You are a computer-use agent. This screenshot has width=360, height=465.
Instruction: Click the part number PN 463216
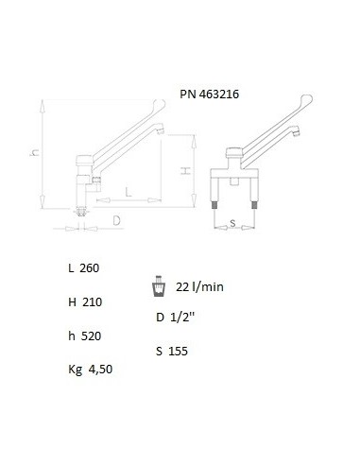pos(210,95)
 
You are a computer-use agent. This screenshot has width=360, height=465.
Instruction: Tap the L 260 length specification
pos(84,268)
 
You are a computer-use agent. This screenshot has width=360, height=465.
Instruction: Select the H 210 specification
pos(85,302)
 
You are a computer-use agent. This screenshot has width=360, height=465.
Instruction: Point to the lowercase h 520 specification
pos(85,336)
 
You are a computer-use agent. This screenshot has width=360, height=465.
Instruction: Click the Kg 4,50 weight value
pos(91,370)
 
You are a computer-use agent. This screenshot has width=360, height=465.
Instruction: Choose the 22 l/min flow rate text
pos(199,287)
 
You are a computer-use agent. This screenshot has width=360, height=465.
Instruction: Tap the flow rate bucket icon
pos(159,286)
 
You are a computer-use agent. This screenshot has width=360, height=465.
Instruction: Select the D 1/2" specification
pos(176,317)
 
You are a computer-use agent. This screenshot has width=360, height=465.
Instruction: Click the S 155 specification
pos(172,351)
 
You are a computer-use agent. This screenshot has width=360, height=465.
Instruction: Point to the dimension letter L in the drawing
pos(129,192)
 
